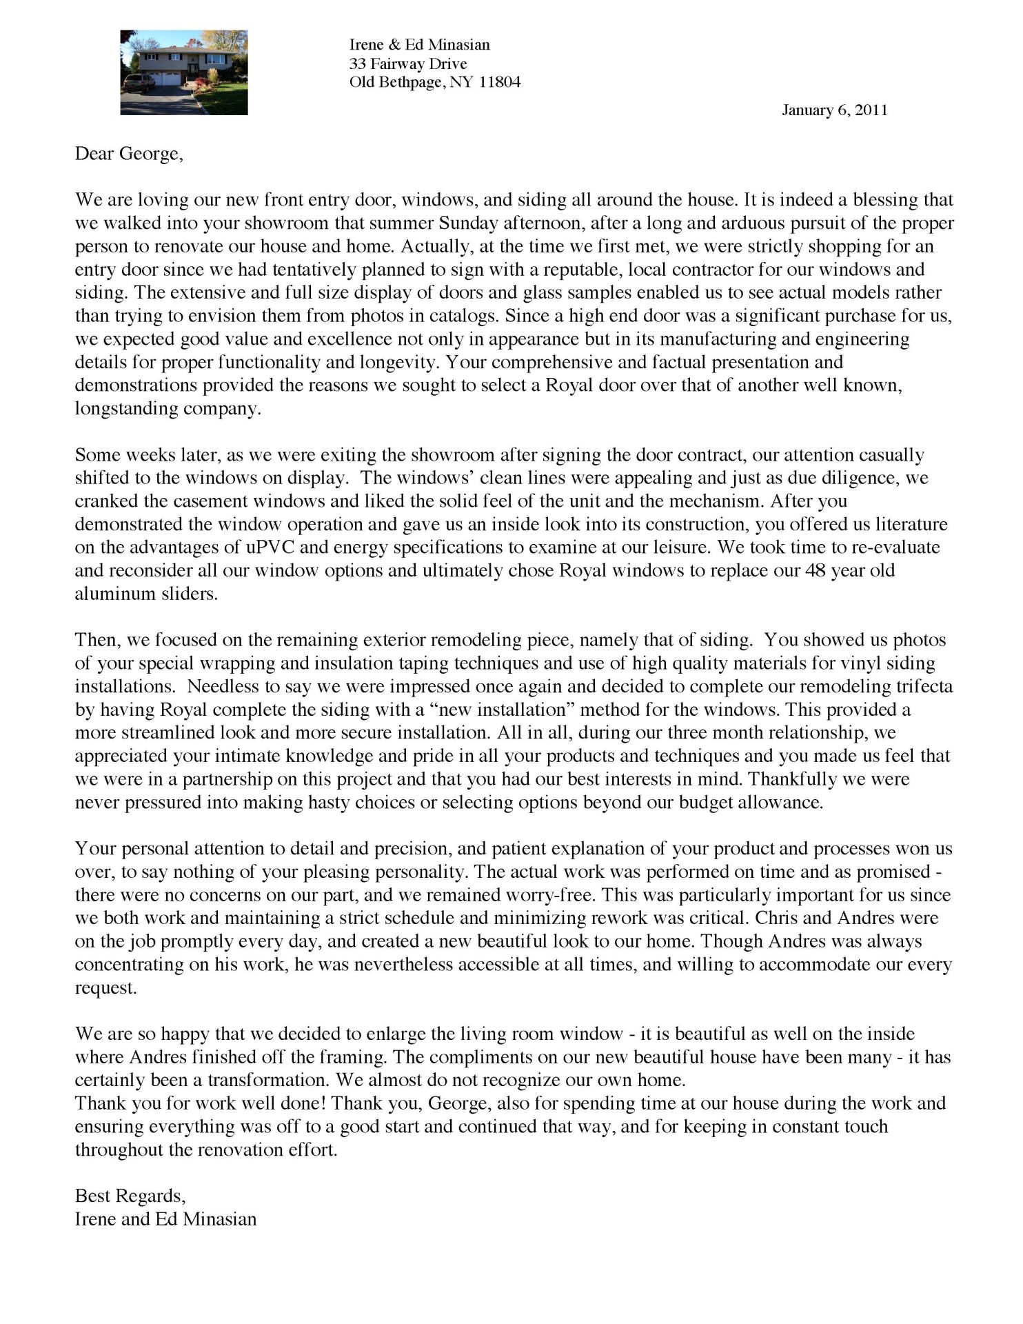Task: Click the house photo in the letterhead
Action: (x=183, y=72)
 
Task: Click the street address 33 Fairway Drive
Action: (x=408, y=64)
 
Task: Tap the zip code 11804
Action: (x=500, y=83)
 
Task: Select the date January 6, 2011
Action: (x=834, y=110)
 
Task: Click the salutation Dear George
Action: (x=129, y=153)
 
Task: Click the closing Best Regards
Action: (x=130, y=1196)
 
